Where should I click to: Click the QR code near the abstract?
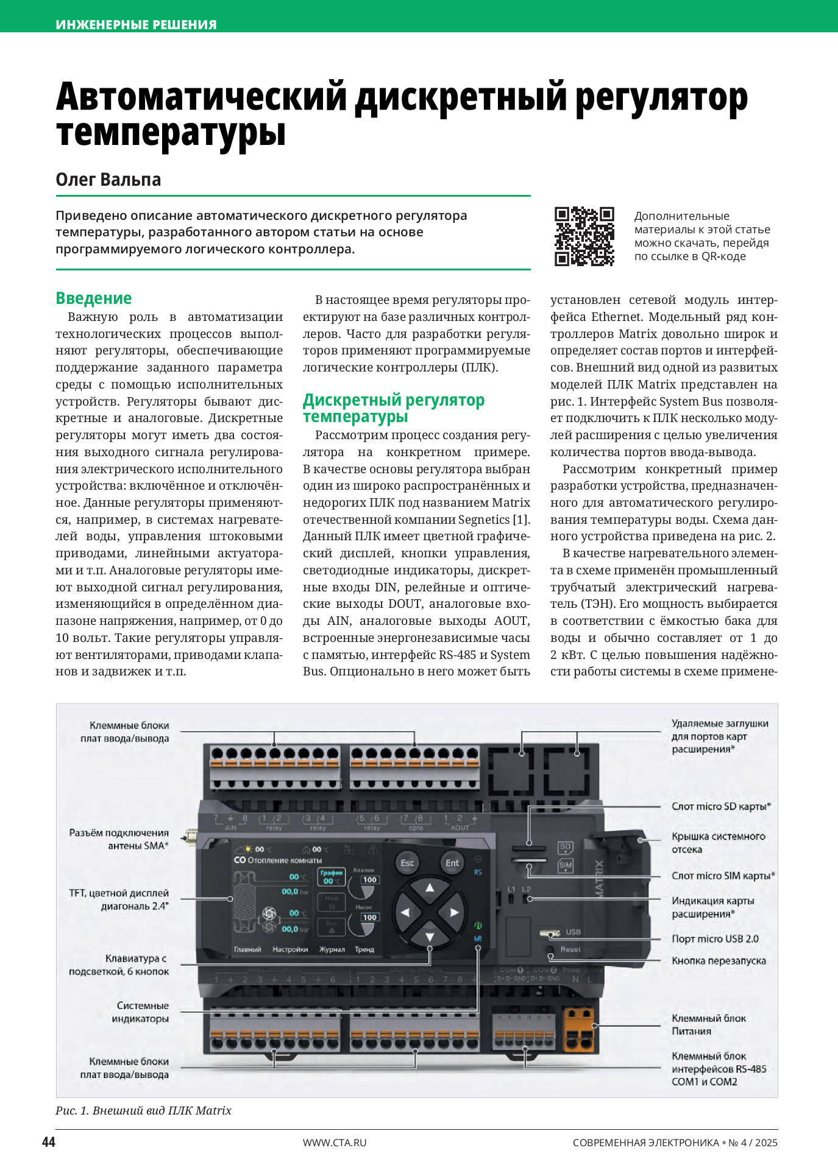[584, 236]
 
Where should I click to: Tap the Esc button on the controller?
[407, 863]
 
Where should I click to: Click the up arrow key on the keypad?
[430, 888]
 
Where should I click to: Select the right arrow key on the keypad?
[453, 912]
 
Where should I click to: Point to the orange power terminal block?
[578, 1029]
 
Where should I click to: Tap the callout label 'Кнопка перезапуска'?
[719, 961]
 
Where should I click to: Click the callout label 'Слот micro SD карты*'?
[721, 806]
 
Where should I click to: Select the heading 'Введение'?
[93, 298]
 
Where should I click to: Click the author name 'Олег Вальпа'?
[108, 180]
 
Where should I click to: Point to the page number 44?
[49, 1142]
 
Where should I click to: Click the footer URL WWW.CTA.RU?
[335, 1143]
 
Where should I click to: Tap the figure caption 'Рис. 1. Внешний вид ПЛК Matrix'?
[143, 1110]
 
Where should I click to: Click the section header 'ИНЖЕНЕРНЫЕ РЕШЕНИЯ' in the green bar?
[136, 25]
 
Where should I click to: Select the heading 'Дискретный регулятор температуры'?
[393, 408]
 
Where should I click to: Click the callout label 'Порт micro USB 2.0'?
[715, 939]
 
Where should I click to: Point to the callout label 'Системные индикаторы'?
[142, 1012]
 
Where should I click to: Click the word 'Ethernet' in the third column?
[616, 317]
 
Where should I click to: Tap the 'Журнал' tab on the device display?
[332, 949]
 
